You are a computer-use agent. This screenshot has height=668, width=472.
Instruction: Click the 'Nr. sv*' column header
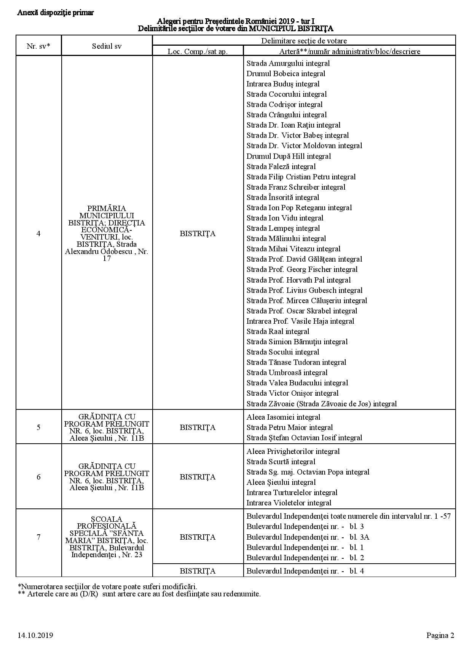[x=38, y=46]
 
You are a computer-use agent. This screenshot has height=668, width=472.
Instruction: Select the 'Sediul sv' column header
[x=107, y=46]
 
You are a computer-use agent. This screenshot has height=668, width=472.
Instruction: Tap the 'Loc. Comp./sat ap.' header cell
[x=198, y=51]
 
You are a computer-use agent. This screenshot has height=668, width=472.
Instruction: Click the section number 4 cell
[x=38, y=233]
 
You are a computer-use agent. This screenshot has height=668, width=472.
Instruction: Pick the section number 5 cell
[x=38, y=427]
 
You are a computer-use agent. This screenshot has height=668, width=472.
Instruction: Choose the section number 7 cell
[x=38, y=537]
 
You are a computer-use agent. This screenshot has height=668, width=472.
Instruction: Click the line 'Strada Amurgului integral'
[x=288, y=63]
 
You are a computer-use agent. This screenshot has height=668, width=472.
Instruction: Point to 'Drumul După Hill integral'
[x=289, y=156]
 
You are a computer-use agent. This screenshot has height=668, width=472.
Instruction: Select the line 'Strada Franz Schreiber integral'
[x=296, y=187]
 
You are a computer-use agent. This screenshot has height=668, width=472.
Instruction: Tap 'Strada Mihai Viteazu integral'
[x=293, y=249]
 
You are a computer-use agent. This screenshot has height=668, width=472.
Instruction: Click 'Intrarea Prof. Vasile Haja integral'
[x=300, y=321]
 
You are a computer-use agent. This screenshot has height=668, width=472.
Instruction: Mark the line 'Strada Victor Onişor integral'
[x=292, y=393]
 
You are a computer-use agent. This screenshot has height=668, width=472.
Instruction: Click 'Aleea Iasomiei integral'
[x=283, y=417]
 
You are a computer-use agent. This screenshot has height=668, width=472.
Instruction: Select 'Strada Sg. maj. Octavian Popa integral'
[x=308, y=472]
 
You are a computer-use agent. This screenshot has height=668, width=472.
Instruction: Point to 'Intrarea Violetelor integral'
[x=289, y=503]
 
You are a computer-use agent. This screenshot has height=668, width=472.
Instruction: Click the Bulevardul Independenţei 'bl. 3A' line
[x=308, y=537]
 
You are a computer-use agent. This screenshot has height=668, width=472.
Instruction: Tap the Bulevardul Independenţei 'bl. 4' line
[x=305, y=571]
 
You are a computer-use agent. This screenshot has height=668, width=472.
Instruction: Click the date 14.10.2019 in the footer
[x=35, y=635]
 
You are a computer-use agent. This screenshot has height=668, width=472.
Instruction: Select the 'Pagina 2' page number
[x=440, y=635]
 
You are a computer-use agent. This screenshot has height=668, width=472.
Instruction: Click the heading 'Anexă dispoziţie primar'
[x=55, y=13]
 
